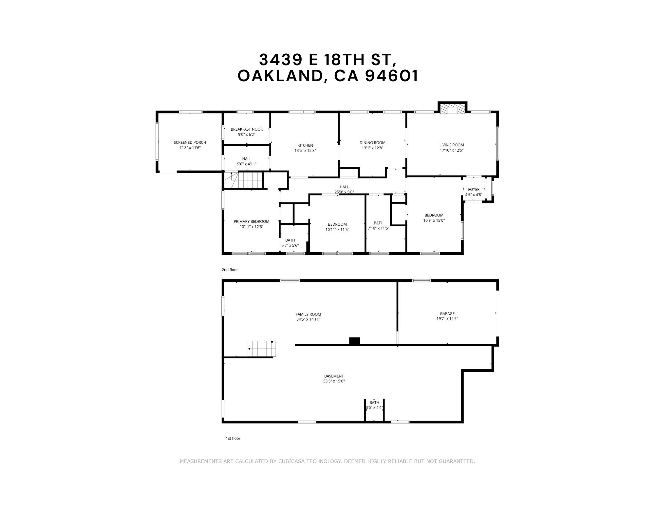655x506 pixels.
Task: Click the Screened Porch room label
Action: pyautogui.click(x=190, y=142)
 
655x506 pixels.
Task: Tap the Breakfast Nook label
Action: pyautogui.click(x=247, y=129)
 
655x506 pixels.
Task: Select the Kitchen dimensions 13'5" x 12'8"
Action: pyautogui.click(x=305, y=151)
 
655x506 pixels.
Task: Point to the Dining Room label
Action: pyautogui.click(x=372, y=143)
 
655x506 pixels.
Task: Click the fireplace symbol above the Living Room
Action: pyautogui.click(x=452, y=109)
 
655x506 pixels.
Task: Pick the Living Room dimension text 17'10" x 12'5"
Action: pyautogui.click(x=452, y=150)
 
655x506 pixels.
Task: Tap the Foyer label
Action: pyautogui.click(x=474, y=189)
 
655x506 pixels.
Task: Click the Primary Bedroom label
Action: pyautogui.click(x=251, y=222)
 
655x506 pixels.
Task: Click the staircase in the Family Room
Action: pyautogui.click(x=262, y=349)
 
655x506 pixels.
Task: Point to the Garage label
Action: pyautogui.click(x=447, y=313)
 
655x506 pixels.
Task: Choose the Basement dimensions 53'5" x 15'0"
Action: pyautogui.click(x=334, y=381)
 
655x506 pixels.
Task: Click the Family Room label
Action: pyautogui.click(x=308, y=314)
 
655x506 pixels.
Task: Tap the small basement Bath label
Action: pyautogui.click(x=374, y=403)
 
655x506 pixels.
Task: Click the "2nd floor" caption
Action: pyautogui.click(x=230, y=270)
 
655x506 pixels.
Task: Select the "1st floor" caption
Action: pyautogui.click(x=233, y=438)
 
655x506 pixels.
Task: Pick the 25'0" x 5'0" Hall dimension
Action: pyautogui.click(x=344, y=192)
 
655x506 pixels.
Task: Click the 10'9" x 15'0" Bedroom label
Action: pyautogui.click(x=434, y=220)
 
